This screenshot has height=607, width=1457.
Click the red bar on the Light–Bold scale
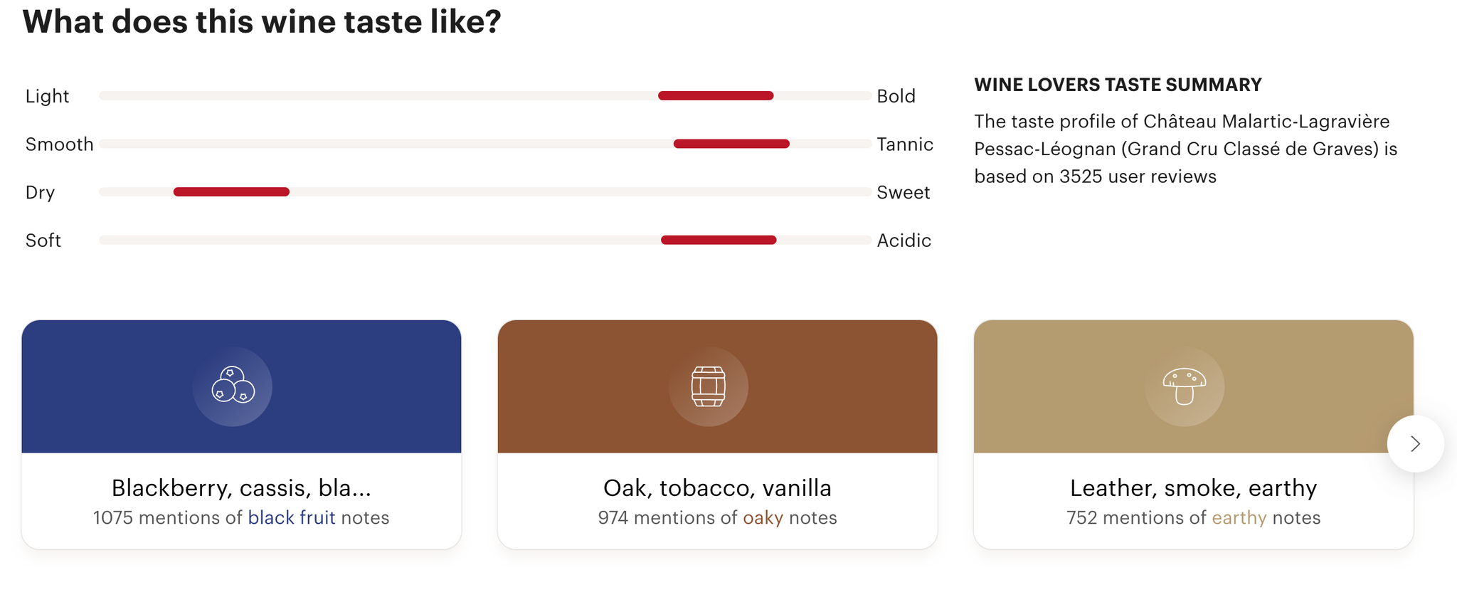pos(716,95)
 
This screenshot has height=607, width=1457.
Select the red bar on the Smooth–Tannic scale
pos(731,144)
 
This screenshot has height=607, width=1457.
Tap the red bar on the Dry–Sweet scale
pos(231,191)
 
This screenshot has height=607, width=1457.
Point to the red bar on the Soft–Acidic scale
pos(719,240)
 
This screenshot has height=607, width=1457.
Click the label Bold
pos(896,96)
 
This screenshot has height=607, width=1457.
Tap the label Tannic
pos(905,144)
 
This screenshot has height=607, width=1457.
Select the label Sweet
pos(904,192)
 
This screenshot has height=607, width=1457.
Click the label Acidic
pos(904,241)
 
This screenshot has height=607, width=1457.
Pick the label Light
pos(48,96)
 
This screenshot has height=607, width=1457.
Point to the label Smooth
pos(60,144)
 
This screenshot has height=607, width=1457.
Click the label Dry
pos(41,193)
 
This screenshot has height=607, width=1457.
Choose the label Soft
pos(43,241)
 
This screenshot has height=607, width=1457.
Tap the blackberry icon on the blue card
pos(233,385)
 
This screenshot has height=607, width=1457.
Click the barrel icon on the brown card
pos(709,386)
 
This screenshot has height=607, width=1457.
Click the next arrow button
pos(1415,444)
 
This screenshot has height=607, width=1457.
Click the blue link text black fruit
pos(292,517)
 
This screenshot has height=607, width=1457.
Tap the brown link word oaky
pos(763,518)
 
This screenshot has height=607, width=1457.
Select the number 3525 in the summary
pos(1081,176)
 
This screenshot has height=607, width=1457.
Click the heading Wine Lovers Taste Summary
pos(1118,85)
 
